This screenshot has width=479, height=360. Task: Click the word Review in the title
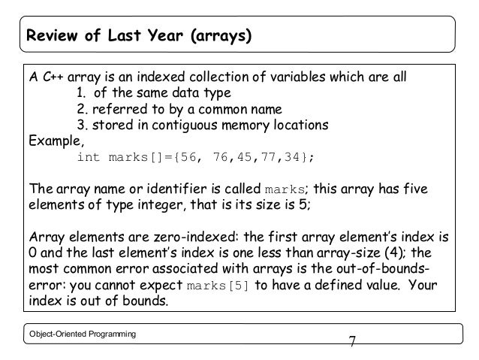click(51, 35)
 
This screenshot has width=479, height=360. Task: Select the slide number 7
click(351, 342)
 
